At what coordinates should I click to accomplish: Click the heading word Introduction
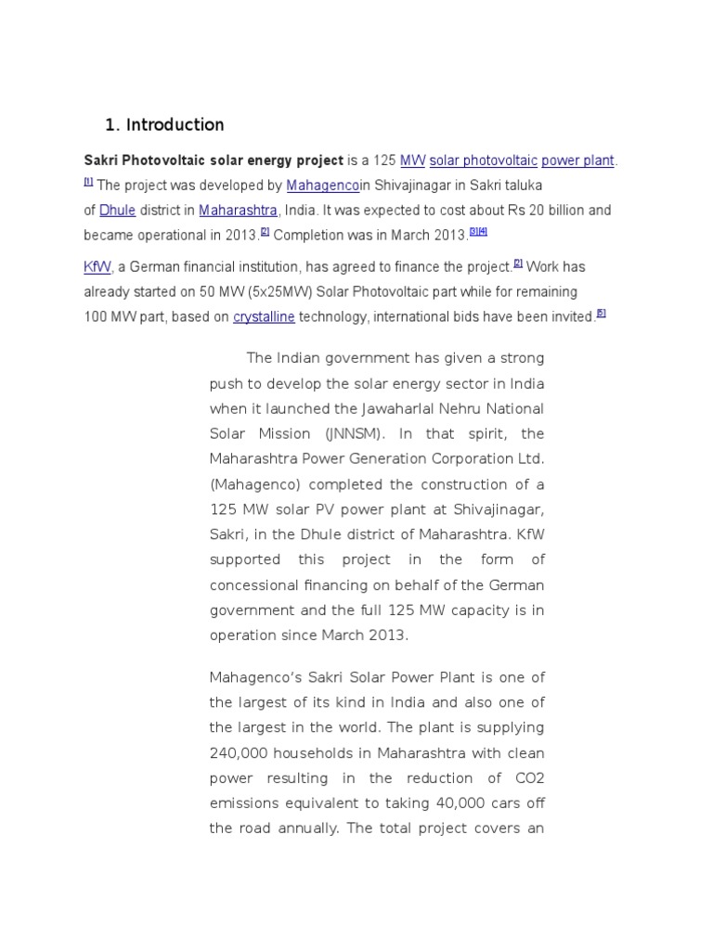click(x=175, y=124)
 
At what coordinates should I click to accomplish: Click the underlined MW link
click(x=412, y=160)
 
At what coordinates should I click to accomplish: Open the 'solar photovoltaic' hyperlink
click(x=483, y=160)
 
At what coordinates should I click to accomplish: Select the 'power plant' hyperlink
click(x=577, y=160)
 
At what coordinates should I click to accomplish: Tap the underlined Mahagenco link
click(x=322, y=186)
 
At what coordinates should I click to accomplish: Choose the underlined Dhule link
click(x=118, y=211)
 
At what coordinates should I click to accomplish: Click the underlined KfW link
click(x=97, y=267)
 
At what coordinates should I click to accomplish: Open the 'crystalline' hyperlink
click(x=264, y=317)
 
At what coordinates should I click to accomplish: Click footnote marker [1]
click(x=88, y=181)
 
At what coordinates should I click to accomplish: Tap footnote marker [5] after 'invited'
click(x=601, y=313)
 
